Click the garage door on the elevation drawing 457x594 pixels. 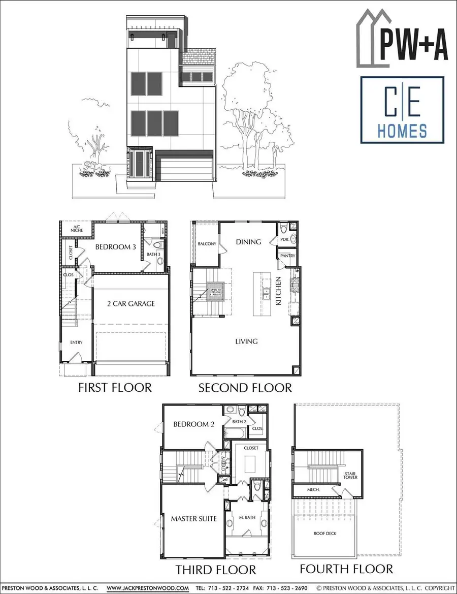point(184,166)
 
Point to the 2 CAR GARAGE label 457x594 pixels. point(131,304)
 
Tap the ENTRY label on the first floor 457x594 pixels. point(76,342)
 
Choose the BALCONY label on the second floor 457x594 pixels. point(207,244)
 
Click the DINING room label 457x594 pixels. point(248,242)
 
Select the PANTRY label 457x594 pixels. point(285,256)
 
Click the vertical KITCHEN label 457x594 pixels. point(278,291)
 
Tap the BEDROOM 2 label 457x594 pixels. point(193,424)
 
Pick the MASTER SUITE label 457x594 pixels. point(194,519)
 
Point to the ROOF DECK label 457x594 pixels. point(325,533)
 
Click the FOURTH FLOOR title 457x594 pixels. point(346,569)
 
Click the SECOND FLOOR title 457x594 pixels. point(245,388)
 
